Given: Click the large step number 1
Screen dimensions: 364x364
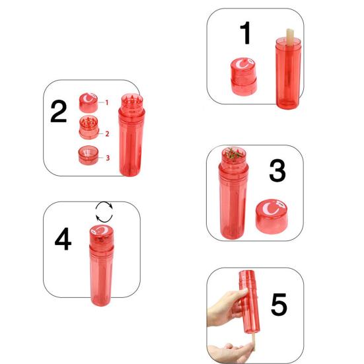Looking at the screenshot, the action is (x=245, y=33).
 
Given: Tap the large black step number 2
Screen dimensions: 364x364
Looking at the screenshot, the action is (x=59, y=112).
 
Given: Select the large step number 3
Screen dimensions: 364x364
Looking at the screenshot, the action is (x=277, y=170).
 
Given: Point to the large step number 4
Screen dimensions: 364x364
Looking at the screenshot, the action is (x=63, y=238).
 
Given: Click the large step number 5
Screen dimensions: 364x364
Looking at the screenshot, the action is (x=279, y=305).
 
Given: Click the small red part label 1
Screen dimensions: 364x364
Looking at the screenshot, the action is (x=107, y=102).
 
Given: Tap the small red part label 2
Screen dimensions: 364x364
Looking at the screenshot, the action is (x=107, y=134).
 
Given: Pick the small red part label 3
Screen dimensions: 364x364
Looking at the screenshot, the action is (x=108, y=158).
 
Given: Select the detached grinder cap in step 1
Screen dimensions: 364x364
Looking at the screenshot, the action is (x=244, y=77).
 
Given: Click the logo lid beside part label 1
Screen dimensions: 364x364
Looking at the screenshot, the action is (x=89, y=102).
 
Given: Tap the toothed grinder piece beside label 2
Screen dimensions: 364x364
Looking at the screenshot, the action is (x=89, y=127).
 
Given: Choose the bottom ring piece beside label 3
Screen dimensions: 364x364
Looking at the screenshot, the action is (x=89, y=155).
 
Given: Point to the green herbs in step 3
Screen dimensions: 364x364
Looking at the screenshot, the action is (x=234, y=153).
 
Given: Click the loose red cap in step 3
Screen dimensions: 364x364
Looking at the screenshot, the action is (x=272, y=217).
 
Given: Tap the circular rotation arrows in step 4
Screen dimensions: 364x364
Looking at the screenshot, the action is (x=104, y=212).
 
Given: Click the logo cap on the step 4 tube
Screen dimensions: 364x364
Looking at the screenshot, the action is (x=102, y=235).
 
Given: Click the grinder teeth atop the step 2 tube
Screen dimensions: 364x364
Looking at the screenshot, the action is (x=132, y=100).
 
